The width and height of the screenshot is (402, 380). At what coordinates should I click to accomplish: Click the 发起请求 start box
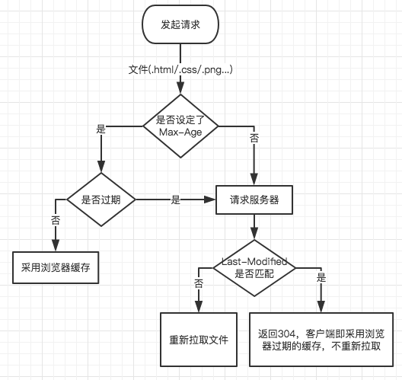[180, 24]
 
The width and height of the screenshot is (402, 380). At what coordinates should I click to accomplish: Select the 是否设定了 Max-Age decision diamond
[180, 126]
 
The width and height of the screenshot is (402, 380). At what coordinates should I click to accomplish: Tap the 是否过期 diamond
[101, 200]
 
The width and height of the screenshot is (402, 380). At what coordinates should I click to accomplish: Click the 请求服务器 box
[254, 200]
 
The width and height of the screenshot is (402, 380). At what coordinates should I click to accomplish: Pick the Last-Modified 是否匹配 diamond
[254, 268]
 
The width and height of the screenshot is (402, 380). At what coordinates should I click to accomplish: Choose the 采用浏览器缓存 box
[56, 267]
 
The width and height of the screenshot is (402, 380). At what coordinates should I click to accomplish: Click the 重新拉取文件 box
[199, 340]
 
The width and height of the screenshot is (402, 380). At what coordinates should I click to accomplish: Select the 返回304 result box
[321, 340]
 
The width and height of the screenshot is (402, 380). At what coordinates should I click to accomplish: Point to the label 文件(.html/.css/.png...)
[180, 69]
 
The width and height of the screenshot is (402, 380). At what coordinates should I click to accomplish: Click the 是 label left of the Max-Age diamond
[101, 129]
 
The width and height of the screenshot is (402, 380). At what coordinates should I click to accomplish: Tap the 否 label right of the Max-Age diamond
[254, 138]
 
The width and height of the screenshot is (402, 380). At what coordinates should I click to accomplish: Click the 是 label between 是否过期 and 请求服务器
[176, 200]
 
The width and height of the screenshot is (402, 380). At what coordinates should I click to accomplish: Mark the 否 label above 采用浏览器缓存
[56, 220]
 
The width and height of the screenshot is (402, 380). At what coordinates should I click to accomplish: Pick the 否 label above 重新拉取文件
[199, 283]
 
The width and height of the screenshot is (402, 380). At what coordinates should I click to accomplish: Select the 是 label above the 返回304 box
[321, 277]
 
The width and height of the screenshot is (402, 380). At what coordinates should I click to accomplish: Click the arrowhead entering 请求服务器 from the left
[209, 200]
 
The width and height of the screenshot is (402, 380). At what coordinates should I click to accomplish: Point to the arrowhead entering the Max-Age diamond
[180, 88]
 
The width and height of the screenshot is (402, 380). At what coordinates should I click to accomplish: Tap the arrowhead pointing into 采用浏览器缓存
[56, 245]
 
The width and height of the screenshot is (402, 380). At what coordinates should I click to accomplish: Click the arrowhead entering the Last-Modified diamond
[254, 234]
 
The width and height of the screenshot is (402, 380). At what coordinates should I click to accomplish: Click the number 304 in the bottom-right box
[287, 334]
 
